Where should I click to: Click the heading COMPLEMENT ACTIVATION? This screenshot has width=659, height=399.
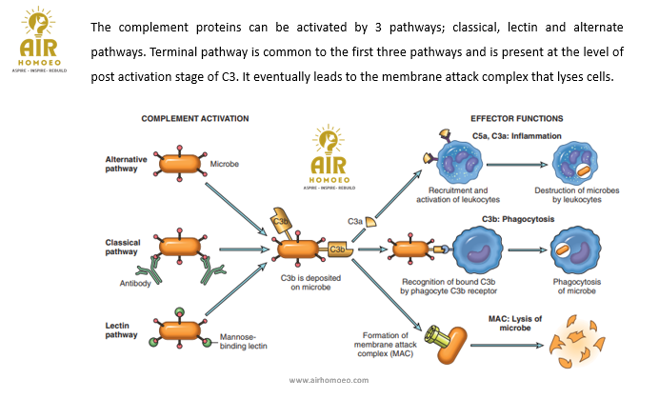194,118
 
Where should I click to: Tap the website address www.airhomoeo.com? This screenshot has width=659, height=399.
329,379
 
